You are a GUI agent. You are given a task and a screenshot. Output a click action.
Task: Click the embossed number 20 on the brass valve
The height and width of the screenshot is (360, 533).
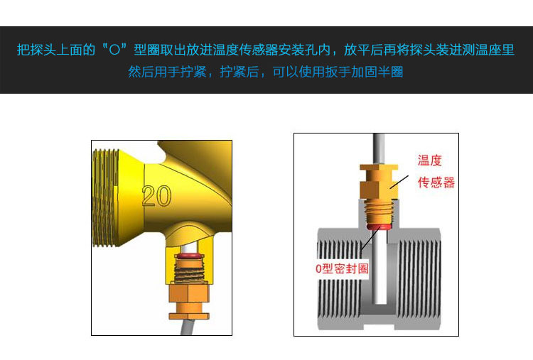(157, 196)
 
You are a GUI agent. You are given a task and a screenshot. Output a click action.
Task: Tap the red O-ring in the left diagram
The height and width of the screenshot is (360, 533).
(189, 255)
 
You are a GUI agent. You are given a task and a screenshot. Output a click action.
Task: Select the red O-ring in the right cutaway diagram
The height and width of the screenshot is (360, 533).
(378, 227)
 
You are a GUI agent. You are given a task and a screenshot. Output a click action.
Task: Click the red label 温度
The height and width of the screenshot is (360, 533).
(430, 160)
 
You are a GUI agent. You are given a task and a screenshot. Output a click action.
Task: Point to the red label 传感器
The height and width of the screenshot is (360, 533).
(436, 182)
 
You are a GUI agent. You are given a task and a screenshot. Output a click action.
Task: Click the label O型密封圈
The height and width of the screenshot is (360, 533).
(342, 268)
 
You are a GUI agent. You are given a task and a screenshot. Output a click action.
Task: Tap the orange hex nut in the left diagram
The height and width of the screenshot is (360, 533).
(189, 293)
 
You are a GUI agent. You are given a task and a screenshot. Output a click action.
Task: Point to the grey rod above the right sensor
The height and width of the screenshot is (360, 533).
(379, 149)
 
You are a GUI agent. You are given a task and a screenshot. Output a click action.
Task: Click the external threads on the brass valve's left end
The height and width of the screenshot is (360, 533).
(106, 197)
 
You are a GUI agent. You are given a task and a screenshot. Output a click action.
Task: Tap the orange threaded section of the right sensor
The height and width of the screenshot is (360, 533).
(378, 212)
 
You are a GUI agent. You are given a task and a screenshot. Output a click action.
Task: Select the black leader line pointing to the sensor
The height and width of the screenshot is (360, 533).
(399, 182)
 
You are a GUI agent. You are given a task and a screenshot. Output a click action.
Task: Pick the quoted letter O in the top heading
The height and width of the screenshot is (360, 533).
(115, 50)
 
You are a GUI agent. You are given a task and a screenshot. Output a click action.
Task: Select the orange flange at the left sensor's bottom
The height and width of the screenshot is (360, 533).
(189, 316)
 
